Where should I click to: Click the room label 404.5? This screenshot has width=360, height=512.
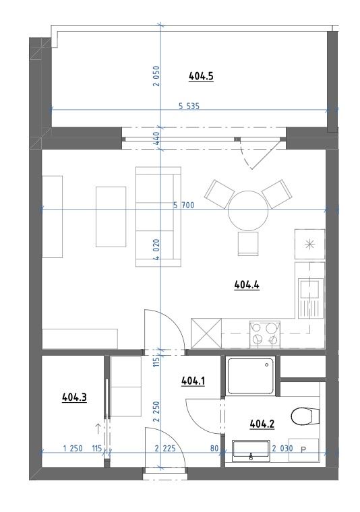[201, 76]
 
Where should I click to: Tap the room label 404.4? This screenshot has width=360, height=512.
[247, 285]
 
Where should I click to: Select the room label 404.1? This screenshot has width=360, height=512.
[193, 381]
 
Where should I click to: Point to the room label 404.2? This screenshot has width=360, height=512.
[262, 424]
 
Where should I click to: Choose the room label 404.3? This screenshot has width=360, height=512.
[74, 397]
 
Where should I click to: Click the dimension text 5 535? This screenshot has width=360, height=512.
[189, 106]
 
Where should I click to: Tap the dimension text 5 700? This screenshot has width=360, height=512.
[183, 205]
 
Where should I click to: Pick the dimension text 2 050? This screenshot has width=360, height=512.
[156, 75]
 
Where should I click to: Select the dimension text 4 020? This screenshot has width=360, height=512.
[156, 249]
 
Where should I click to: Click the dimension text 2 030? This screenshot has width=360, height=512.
[282, 449]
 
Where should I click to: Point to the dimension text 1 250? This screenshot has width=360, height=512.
[73, 449]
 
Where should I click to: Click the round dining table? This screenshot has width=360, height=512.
[248, 211]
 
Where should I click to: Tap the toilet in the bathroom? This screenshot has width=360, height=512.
[305, 416]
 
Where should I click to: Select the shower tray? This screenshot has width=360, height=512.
[251, 376]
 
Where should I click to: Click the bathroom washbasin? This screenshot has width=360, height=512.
[251, 451]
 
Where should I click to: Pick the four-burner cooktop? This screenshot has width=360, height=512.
[265, 334]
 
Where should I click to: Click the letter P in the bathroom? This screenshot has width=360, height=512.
[303, 450]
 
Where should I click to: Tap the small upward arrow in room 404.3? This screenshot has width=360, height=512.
[98, 428]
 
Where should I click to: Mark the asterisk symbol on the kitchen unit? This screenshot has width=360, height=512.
[309, 245]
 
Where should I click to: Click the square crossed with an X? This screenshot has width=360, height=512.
[206, 333]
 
